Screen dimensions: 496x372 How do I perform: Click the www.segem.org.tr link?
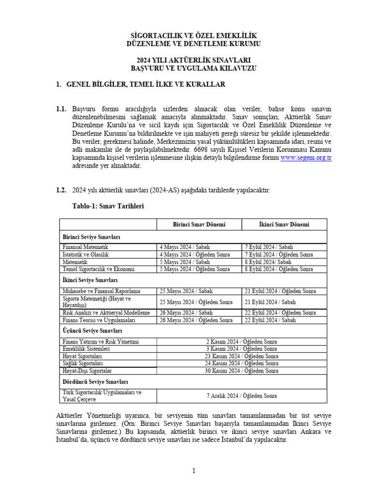pos(306,158)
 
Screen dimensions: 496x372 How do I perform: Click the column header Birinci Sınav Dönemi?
pos(199,225)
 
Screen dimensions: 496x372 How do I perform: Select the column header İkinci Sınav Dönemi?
pos(284,225)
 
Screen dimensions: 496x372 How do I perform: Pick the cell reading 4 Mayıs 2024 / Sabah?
pos(185,247)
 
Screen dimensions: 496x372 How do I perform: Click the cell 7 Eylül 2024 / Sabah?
pos(269,247)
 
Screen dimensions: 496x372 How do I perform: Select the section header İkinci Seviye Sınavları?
pos(90,280)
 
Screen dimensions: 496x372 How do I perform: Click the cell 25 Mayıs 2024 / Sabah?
pos(186,291)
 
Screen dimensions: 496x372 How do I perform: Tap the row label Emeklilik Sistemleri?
pos(87,349)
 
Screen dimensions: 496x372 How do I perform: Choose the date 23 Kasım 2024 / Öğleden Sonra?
pos(242,356)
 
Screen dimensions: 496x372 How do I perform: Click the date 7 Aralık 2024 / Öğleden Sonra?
pos(242,396)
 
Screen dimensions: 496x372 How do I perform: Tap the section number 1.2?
pos(61,190)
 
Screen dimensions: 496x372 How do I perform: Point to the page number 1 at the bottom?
pos(193,470)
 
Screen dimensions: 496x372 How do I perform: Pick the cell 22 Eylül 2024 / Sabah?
pos(270,320)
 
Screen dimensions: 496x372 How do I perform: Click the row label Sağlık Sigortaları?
pos(83,363)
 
